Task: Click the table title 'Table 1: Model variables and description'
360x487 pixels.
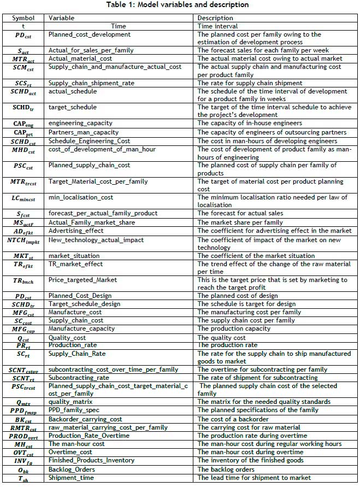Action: point(179,5)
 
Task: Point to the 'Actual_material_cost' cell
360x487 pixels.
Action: point(80,58)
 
